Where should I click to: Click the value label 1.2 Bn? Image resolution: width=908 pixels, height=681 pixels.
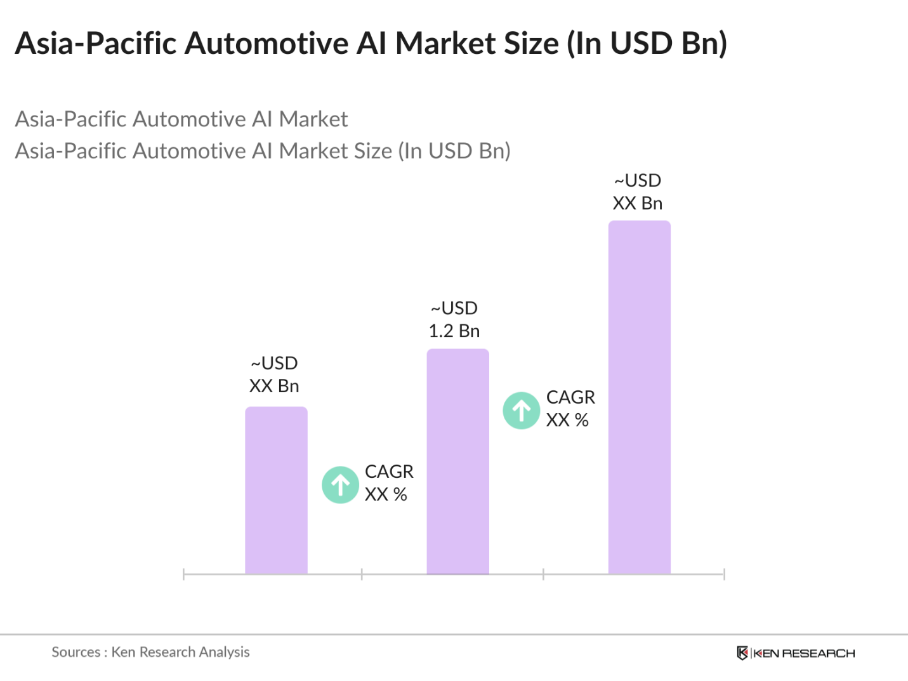click(454, 331)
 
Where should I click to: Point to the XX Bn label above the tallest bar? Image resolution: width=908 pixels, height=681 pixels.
click(637, 204)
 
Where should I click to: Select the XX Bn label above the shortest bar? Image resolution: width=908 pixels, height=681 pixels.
click(273, 387)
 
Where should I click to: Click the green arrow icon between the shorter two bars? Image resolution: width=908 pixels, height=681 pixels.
click(341, 485)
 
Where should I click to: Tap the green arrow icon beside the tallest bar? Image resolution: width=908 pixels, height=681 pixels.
click(522, 411)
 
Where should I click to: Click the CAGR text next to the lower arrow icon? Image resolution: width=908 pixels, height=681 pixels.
click(389, 472)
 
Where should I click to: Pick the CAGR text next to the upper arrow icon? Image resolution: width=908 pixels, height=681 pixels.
click(570, 397)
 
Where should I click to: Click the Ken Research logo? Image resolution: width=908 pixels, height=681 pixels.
click(796, 653)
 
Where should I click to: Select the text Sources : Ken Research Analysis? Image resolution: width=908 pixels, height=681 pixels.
click(150, 652)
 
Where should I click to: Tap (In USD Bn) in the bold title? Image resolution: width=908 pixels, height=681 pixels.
click(647, 44)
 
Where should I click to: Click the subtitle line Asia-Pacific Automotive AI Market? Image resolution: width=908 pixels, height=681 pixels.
click(181, 119)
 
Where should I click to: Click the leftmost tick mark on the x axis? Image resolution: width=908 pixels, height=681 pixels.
click(183, 574)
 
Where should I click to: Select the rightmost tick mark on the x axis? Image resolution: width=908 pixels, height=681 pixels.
click(724, 574)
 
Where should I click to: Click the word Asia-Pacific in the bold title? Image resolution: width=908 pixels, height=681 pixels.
click(96, 44)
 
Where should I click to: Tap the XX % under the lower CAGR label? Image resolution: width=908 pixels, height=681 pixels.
click(386, 494)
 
